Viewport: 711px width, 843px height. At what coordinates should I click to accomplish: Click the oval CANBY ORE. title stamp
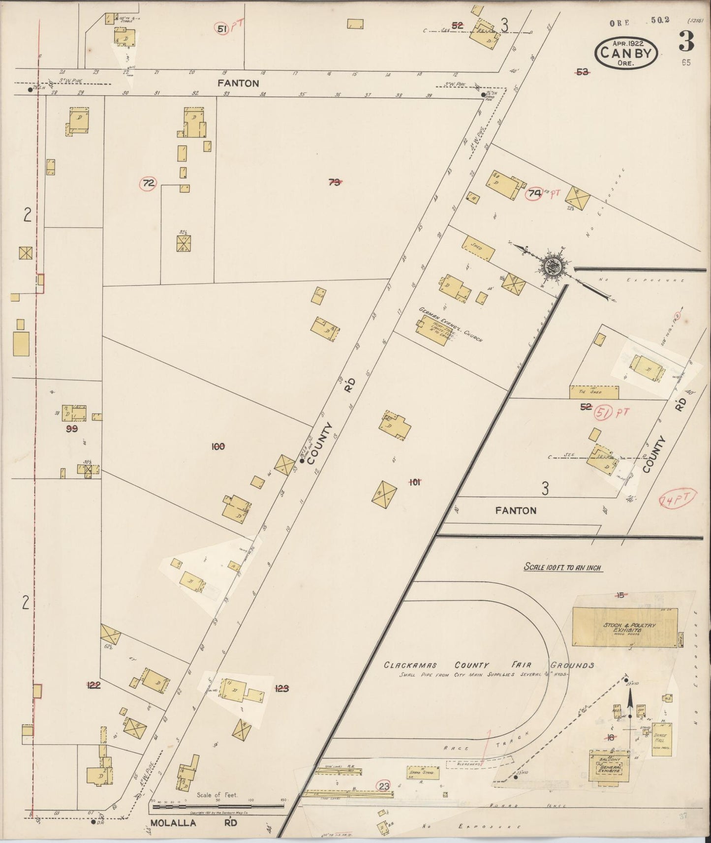tap(626, 53)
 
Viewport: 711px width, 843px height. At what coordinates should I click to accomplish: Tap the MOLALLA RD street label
tap(194, 822)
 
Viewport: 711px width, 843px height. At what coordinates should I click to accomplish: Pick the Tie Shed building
tap(593, 392)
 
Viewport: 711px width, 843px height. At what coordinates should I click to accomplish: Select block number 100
tap(217, 447)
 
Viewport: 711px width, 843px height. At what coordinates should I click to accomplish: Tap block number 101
tap(414, 482)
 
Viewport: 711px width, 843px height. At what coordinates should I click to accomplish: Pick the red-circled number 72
tap(148, 184)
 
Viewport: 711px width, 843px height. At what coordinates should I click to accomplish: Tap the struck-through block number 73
tap(334, 182)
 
